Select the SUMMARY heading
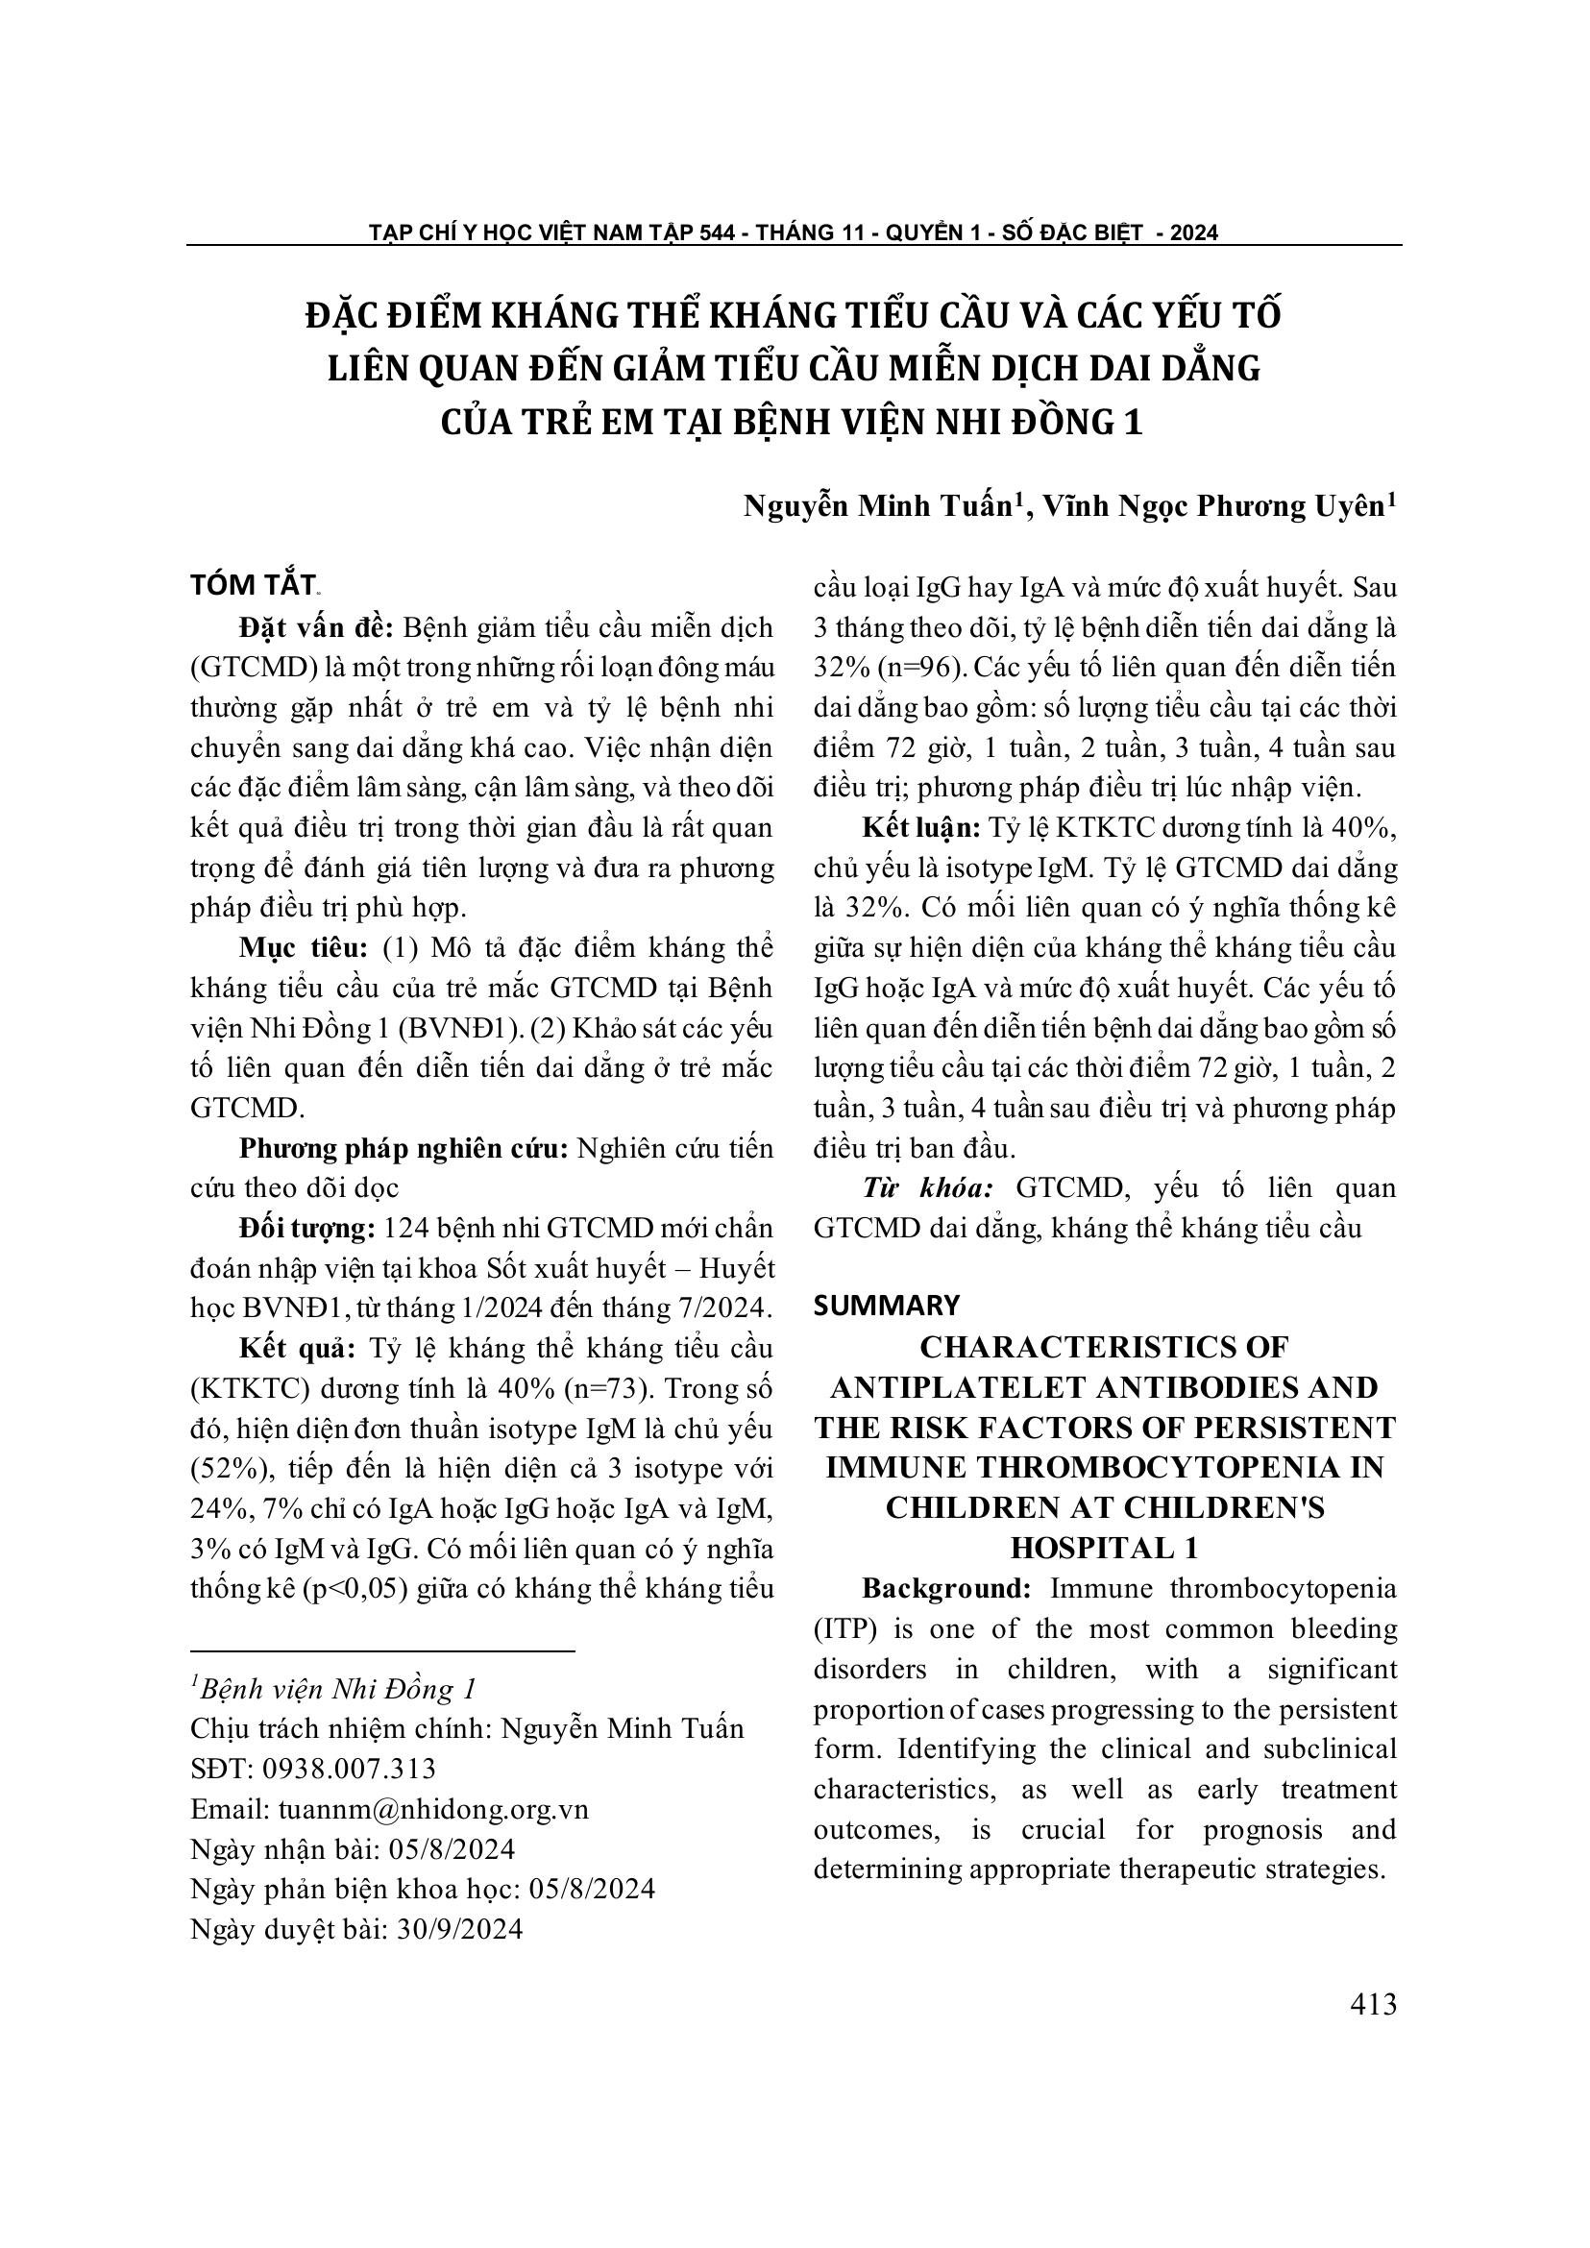point(886,1306)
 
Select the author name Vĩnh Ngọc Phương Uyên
point(1213,506)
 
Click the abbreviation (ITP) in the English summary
point(844,1628)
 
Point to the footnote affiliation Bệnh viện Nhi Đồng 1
point(336,1689)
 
